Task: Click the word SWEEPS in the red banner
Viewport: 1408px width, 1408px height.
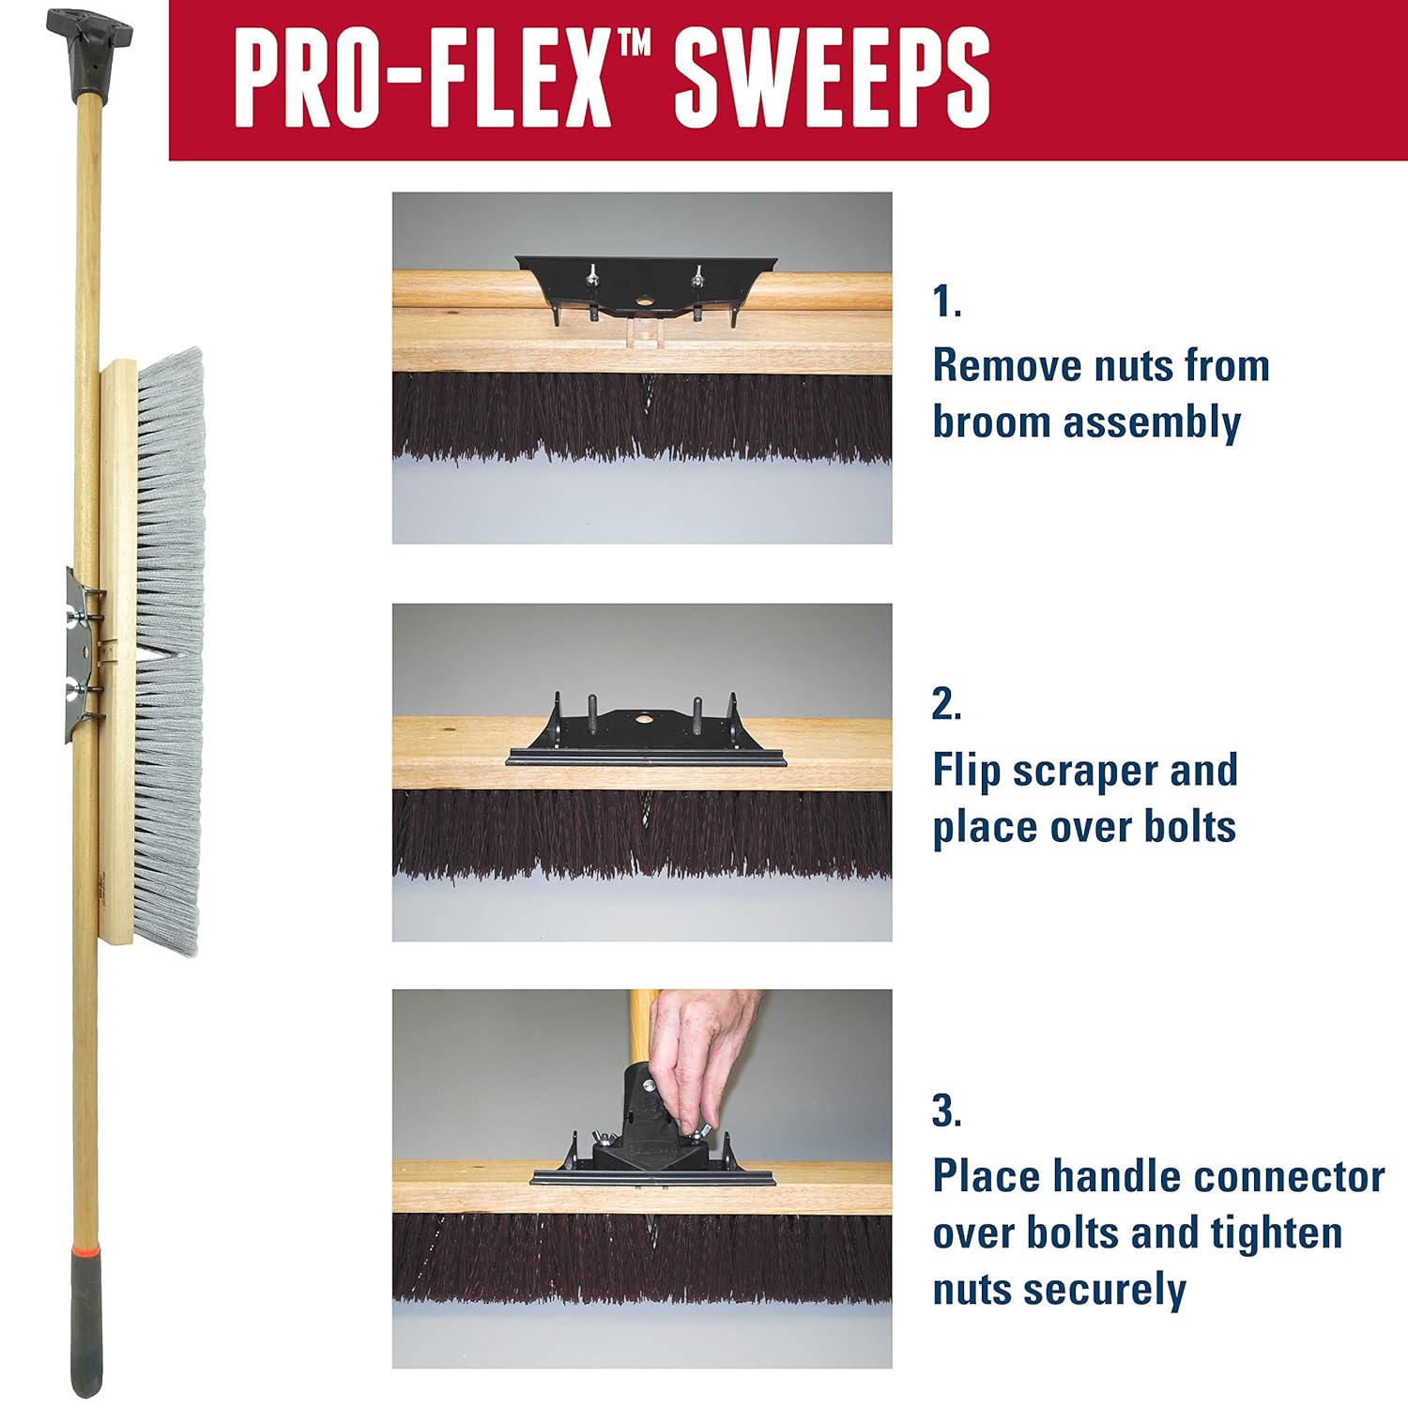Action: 832,78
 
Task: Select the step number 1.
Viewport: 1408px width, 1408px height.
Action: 946,302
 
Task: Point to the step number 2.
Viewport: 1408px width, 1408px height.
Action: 946,704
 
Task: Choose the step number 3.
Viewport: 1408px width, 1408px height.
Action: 946,1110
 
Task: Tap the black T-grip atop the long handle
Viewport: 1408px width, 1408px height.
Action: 89,42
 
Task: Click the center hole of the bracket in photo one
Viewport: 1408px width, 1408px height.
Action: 644,302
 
